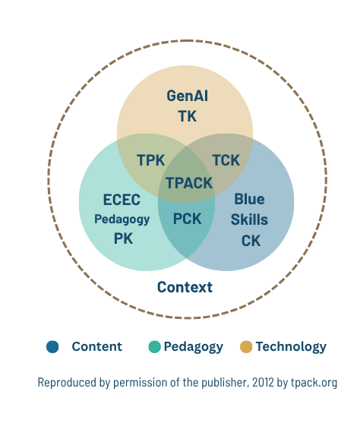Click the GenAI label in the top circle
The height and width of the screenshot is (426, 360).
click(x=187, y=96)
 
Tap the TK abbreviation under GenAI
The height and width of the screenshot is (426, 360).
click(x=187, y=116)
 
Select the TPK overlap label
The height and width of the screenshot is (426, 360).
click(x=151, y=159)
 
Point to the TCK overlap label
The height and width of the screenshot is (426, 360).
click(x=226, y=159)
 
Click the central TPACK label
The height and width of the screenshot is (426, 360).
click(x=188, y=182)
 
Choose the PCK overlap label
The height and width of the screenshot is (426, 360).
click(x=187, y=219)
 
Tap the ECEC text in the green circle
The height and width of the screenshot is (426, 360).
click(x=122, y=200)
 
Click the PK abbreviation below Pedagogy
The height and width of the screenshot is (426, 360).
click(x=123, y=238)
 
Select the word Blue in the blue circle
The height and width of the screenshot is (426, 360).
click(x=249, y=200)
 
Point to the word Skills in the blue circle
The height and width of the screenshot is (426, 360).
click(x=249, y=220)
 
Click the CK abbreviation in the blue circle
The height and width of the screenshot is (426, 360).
click(x=251, y=241)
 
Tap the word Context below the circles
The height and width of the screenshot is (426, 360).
click(x=185, y=287)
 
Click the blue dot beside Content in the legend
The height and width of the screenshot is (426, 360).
click(x=52, y=347)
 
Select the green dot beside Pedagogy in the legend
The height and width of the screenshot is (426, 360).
click(x=155, y=347)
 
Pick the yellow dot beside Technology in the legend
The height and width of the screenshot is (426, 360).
click(x=246, y=347)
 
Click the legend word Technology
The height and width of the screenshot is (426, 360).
click(x=291, y=347)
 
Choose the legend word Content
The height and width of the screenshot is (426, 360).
click(x=96, y=347)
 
